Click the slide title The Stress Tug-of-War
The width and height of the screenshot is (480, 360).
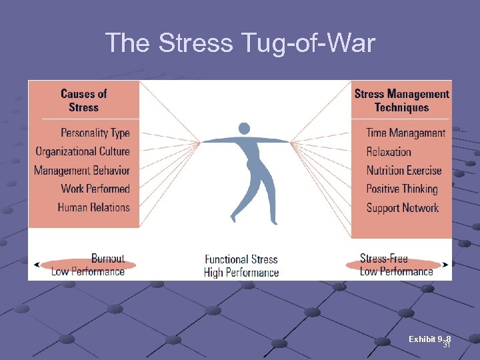click(240, 43)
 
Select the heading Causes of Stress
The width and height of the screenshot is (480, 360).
click(83, 101)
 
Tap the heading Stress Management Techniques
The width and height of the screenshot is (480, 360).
click(401, 101)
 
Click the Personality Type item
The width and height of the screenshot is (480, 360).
click(95, 133)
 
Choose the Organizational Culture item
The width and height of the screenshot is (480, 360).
click(83, 151)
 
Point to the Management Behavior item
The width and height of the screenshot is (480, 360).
click(82, 170)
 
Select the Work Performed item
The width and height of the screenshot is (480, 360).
click(95, 189)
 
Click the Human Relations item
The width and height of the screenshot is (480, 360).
click(94, 207)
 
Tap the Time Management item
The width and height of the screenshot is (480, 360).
click(405, 133)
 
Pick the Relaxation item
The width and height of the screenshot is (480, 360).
click(389, 151)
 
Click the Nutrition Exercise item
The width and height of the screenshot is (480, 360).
click(404, 170)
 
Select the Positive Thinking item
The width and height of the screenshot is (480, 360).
click(402, 189)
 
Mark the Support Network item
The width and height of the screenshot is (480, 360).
click(403, 207)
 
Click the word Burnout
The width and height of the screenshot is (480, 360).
click(108, 259)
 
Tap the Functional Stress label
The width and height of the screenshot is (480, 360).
click(241, 259)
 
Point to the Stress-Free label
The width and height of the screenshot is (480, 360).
click(383, 259)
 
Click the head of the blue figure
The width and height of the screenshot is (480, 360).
click(244, 128)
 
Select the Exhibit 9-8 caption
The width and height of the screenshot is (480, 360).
click(429, 340)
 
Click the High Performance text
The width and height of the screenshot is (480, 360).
click(241, 272)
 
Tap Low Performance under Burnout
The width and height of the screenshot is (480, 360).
click(88, 271)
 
